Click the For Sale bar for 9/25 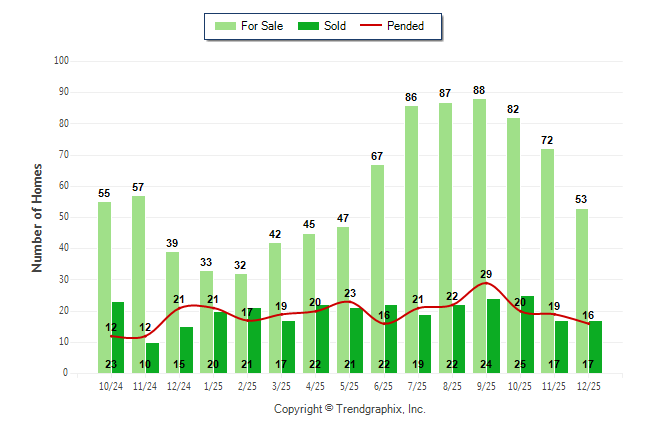tap(480, 235)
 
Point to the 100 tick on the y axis tap(61, 61)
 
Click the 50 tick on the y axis tap(63, 217)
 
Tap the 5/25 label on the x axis tap(349, 385)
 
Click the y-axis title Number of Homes tap(37, 217)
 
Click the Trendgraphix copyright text tap(349, 409)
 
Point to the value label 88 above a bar tap(480, 90)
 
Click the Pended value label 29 tap(486, 274)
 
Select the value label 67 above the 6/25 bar tap(377, 156)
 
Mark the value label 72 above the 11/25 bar tap(548, 140)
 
